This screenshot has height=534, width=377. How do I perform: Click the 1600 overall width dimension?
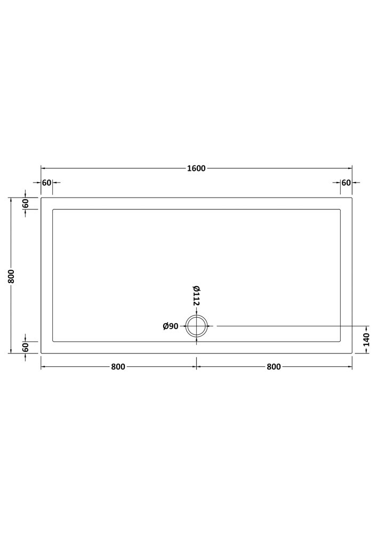(196, 168)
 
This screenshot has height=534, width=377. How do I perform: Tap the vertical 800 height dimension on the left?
(11, 276)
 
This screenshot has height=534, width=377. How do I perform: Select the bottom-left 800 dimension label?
(118, 367)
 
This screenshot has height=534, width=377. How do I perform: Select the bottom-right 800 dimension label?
(274, 367)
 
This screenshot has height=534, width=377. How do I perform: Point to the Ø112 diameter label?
(196, 296)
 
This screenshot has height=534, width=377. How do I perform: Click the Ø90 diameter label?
(171, 326)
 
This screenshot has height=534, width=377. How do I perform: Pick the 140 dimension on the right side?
(366, 340)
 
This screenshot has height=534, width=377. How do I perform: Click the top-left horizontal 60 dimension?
(46, 183)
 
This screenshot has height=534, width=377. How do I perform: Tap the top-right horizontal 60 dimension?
(346, 183)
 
